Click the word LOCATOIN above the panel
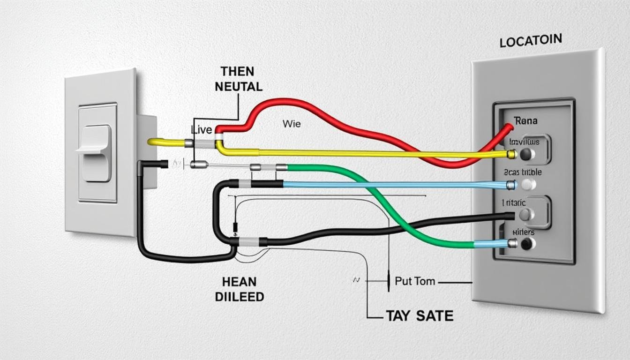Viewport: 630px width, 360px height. (531, 41)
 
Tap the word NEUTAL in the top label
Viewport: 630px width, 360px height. (238, 87)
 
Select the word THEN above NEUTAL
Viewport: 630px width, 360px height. (237, 72)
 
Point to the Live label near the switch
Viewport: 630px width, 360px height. (202, 129)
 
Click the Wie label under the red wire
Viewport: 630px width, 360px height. (292, 124)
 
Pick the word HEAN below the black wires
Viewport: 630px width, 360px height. (239, 282)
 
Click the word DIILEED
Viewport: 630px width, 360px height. (239, 297)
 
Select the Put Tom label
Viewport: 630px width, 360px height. (415, 281)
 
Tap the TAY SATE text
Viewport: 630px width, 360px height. (419, 316)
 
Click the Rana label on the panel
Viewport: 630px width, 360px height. (525, 121)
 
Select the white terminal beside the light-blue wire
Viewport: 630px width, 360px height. (528, 185)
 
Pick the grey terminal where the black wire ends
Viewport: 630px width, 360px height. (526, 215)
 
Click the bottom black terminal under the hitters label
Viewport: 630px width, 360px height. (527, 244)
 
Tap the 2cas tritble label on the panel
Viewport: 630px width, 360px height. (522, 172)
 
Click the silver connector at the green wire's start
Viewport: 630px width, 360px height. (281, 167)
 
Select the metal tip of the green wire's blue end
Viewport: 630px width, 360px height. (513, 243)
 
